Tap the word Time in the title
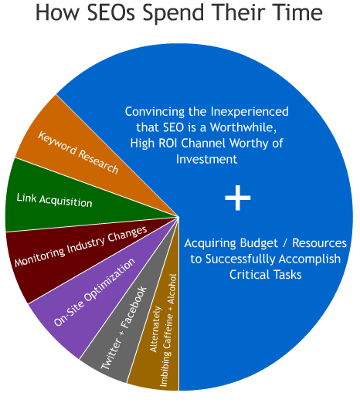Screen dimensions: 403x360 click(x=292, y=15)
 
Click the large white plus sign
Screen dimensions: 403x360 click(x=238, y=199)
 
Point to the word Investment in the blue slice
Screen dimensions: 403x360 click(x=205, y=159)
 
